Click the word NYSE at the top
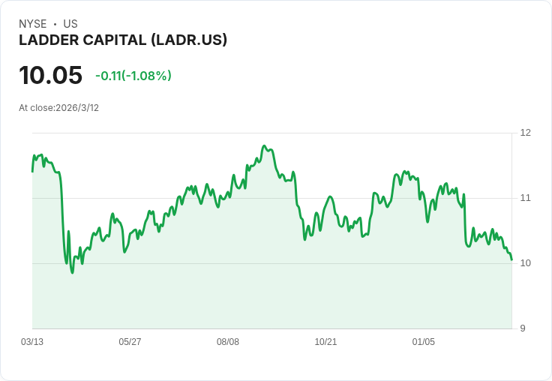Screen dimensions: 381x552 (x=32, y=24)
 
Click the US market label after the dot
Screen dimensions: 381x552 (x=70, y=24)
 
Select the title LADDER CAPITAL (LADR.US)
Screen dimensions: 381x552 (x=123, y=40)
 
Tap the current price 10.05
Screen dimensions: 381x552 (x=50, y=76)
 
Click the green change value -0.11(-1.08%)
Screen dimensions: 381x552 (x=133, y=76)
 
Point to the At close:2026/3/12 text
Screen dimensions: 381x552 (x=58, y=108)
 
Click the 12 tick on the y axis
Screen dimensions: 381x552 (x=525, y=133)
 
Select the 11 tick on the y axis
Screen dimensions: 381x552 (x=525, y=198)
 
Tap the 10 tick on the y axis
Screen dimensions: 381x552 (x=525, y=263)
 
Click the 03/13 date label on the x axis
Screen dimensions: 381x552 (x=32, y=342)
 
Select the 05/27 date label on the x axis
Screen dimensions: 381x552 (x=130, y=342)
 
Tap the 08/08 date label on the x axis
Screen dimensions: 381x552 (x=228, y=342)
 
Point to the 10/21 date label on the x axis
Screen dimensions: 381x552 (x=325, y=342)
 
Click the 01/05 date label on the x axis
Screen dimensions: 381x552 (x=424, y=342)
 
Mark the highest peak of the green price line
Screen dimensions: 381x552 (x=265, y=145)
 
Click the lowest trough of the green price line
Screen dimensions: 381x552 (x=72, y=272)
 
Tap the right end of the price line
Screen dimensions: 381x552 (x=511, y=259)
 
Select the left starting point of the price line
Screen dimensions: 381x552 (x=32, y=171)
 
